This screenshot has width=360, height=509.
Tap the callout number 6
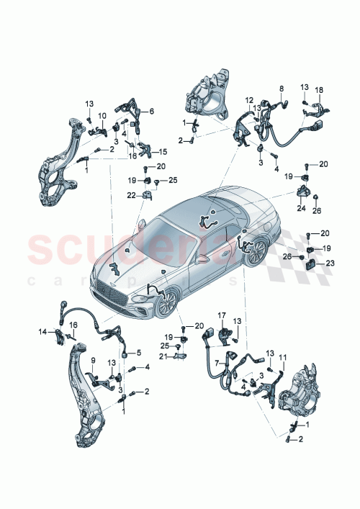[152, 111]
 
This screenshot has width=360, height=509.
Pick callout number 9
[92, 360]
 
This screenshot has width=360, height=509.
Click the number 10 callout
[102, 115]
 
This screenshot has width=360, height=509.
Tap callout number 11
[282, 358]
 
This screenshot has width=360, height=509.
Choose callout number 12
[249, 100]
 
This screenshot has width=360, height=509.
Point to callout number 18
[320, 90]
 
